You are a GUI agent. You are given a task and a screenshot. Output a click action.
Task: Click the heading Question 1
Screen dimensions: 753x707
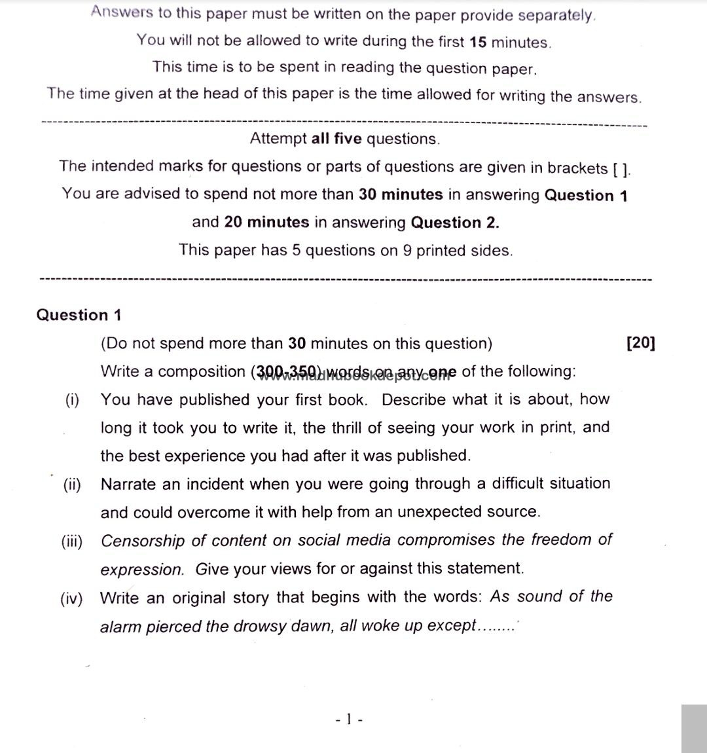click(x=79, y=315)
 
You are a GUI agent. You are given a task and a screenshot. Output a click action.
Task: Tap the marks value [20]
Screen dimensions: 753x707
click(x=640, y=343)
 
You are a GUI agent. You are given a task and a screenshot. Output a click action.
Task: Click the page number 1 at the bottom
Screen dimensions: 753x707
click(x=349, y=720)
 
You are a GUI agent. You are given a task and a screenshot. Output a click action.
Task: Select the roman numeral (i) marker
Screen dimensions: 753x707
click(x=71, y=400)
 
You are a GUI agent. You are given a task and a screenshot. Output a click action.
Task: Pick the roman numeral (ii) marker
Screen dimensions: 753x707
click(x=72, y=485)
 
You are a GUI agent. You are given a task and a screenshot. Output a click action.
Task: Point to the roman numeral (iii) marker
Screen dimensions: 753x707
click(x=71, y=542)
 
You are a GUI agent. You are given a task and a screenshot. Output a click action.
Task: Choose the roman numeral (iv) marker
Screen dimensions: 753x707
click(x=71, y=598)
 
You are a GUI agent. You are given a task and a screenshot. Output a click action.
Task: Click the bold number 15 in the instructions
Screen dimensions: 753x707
click(x=478, y=42)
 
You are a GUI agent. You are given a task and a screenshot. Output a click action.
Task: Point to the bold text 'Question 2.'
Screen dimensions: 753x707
click(x=454, y=223)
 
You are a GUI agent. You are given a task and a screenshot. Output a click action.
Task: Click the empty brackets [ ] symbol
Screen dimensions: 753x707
click(x=621, y=169)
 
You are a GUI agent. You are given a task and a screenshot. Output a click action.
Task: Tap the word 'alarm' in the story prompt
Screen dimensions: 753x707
click(x=120, y=626)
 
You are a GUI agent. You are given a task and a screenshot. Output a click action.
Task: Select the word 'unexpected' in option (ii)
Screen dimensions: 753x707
click(x=443, y=511)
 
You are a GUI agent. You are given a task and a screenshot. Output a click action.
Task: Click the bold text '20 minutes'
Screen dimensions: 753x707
click(x=266, y=223)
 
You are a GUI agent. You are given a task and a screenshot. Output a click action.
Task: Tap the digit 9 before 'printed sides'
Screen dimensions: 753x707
click(x=408, y=251)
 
